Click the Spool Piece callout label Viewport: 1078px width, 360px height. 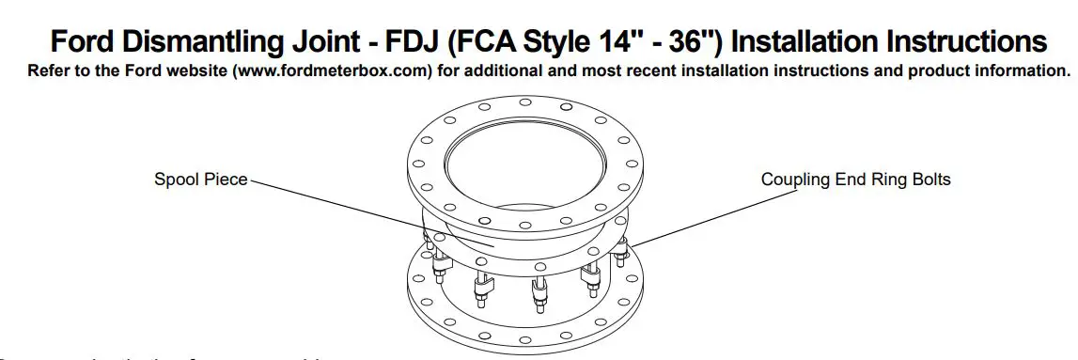pos(201,180)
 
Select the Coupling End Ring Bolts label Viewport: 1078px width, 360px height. pos(855,180)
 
